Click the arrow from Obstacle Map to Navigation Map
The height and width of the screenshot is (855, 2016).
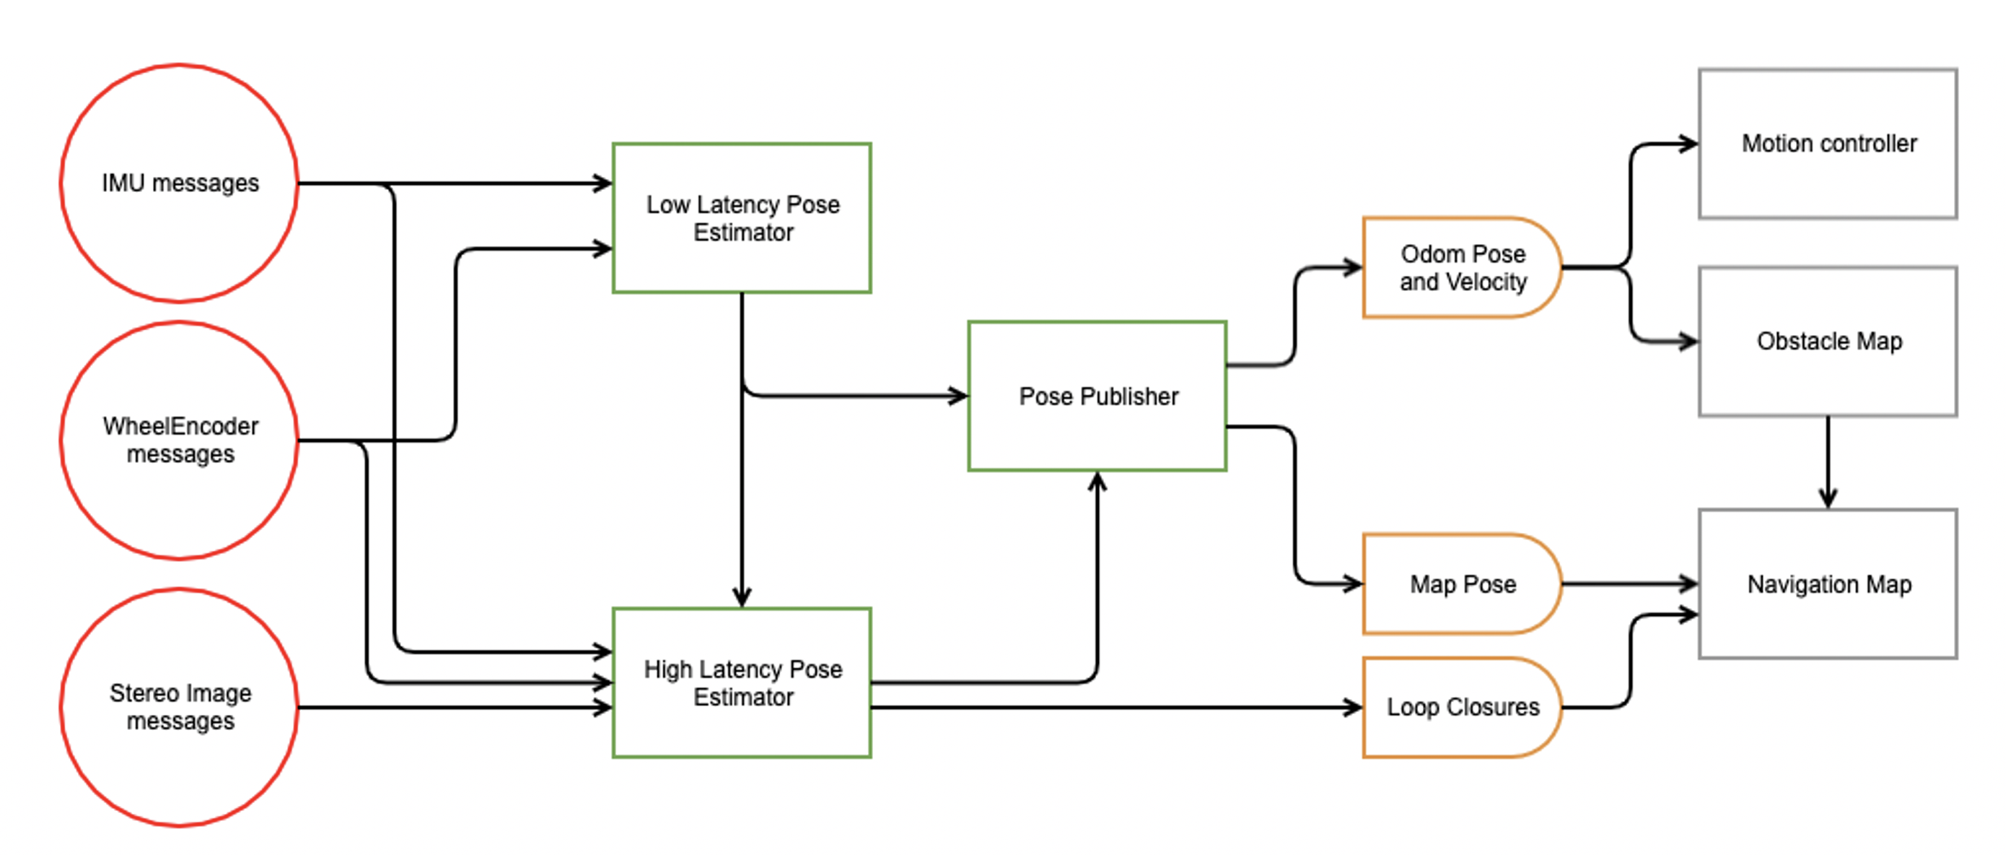point(1828,462)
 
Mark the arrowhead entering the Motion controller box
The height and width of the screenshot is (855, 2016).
point(1689,144)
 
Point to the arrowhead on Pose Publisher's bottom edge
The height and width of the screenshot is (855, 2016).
point(1098,481)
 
